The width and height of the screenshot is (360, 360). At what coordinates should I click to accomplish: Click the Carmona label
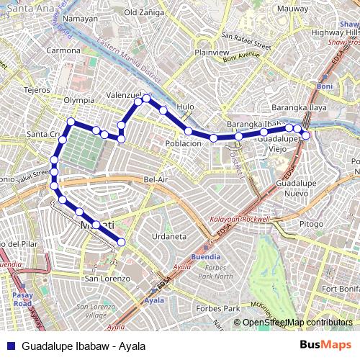tap(63, 50)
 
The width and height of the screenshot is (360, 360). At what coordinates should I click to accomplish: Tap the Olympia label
tap(79, 100)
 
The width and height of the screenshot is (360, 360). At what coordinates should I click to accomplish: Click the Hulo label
tap(186, 107)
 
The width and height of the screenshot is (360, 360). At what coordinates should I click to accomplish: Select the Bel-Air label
tap(156, 179)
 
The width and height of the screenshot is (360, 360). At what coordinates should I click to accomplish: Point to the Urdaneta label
tap(170, 236)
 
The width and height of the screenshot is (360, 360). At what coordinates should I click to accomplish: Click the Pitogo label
tap(312, 224)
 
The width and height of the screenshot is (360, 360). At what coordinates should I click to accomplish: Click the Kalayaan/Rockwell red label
tap(239, 219)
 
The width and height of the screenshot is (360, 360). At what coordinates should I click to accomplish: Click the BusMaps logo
tap(326, 346)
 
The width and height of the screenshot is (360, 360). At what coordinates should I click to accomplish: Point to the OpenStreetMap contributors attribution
tap(297, 323)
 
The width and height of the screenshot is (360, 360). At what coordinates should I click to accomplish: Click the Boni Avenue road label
tap(240, 56)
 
